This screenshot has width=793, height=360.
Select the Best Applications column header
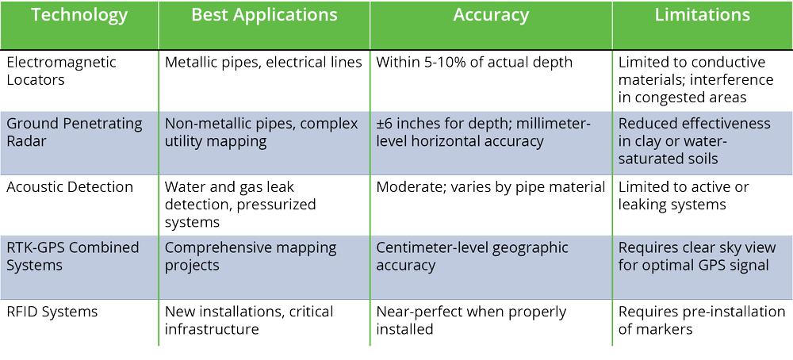click(x=264, y=16)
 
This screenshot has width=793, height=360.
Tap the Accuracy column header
click(x=491, y=16)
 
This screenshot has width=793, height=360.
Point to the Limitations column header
click(x=702, y=16)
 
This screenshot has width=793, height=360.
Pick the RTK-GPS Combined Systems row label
click(x=72, y=256)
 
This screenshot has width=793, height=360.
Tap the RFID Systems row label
click(x=52, y=312)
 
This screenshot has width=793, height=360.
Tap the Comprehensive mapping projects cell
click(x=251, y=256)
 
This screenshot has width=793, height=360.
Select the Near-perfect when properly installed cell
click(x=473, y=320)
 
